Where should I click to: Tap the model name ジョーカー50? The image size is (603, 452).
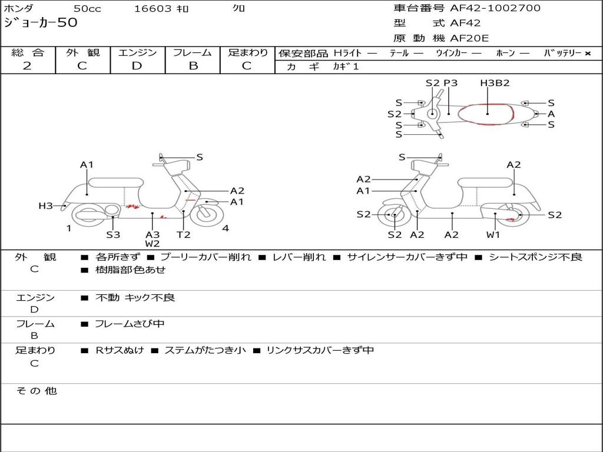coord(40,23)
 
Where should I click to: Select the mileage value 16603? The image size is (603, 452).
coord(153,8)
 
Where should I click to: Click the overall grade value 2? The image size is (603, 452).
coord(27,66)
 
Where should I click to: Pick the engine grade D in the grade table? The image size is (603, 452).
coord(137,66)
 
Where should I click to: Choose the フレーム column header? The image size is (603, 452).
coord(193,52)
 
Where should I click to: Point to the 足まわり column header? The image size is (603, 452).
coord(248,52)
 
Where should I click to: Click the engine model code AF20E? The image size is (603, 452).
coord(469,39)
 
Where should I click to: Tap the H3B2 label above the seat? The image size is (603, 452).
coord(495,83)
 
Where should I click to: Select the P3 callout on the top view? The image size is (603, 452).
coord(450,83)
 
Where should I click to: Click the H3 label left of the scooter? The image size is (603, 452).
coord(46,206)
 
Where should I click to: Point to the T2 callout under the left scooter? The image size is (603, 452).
coord(184,235)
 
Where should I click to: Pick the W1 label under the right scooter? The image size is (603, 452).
coord(493,235)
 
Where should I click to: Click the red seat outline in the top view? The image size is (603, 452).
coord(486,114)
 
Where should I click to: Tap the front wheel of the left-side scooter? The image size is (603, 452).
coord(204,212)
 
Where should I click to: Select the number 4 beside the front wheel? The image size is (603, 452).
coord(226,228)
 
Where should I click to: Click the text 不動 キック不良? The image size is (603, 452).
coord(135,298)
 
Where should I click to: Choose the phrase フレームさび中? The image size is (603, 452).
coord(130,324)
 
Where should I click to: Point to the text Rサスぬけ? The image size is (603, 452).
coord(120,350)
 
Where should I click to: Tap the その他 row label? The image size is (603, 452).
coord(36,391)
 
